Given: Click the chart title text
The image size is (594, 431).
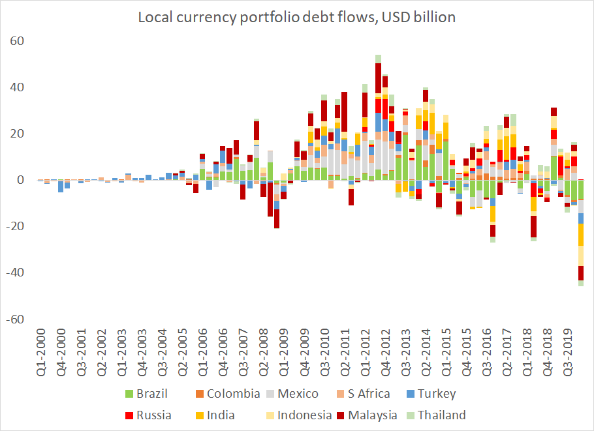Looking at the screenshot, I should click(x=296, y=18).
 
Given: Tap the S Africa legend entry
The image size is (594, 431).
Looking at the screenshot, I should click(x=363, y=394).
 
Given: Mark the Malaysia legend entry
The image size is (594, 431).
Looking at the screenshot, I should click(x=371, y=415).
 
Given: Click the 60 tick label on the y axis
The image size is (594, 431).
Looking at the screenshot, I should click(x=17, y=41).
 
